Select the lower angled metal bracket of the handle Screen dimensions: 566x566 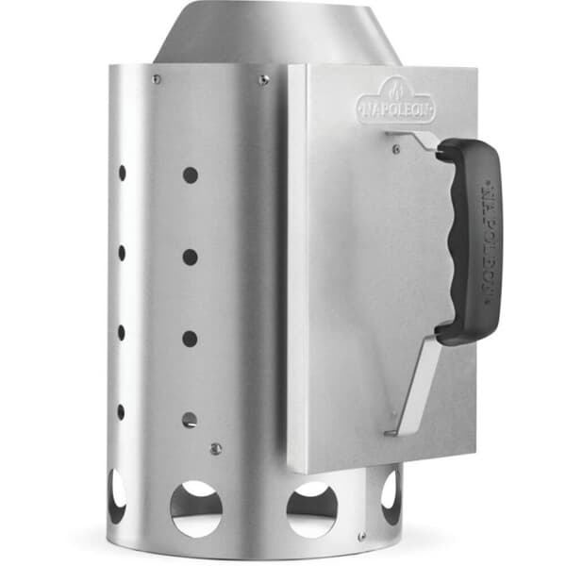(x=415, y=386)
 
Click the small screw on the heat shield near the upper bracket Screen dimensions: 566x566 (x=396, y=148)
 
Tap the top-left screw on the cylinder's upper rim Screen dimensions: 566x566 (x=157, y=78)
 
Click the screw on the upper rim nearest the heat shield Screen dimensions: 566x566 (x=263, y=80)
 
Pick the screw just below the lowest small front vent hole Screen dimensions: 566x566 (x=215, y=449)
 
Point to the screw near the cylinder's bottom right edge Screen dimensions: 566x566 (x=362, y=535)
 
